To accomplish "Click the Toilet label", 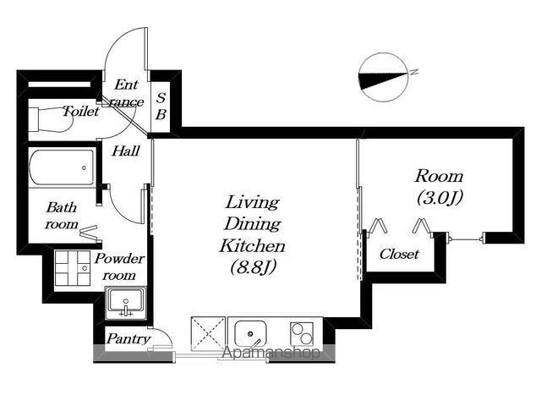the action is coord(81,111).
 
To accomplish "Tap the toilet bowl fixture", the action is coord(51,119).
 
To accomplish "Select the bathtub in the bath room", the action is coord(62,167).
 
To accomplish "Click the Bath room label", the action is coord(62,216).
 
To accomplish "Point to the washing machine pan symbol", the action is coord(73,268).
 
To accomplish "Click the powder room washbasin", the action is coord(126,303).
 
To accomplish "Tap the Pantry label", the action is coord(128,338).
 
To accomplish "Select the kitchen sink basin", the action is coord(250,333).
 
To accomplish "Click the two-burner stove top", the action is coord(302,334).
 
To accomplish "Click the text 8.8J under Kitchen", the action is coord(254,267).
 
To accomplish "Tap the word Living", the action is coord(252,202).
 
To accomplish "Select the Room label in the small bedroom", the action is coord(439,176).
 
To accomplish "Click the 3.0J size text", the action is coord(440,198).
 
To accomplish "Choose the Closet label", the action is coord(399,254).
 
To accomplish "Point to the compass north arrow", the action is coord(383,77).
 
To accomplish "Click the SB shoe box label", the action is coord(161,106).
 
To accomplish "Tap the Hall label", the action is coord(126,151).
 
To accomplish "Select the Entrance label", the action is coord(126,93).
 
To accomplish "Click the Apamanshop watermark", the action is coord(270,353).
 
